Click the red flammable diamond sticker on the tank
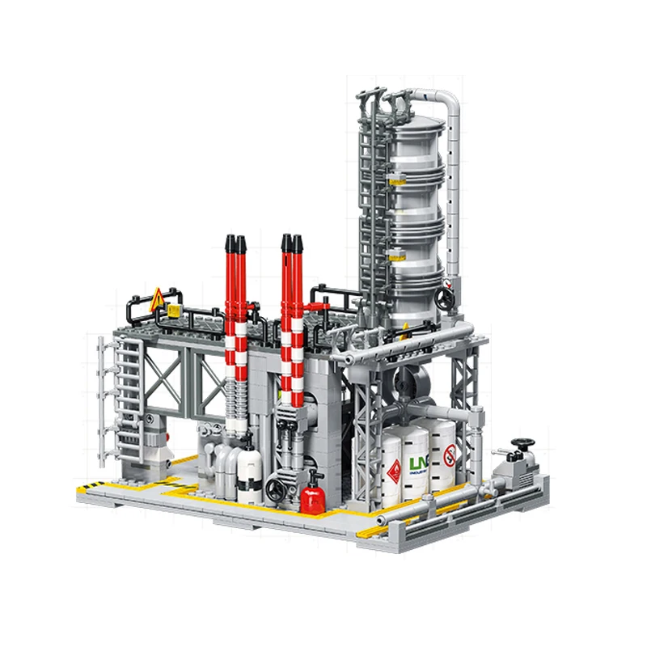[x=394, y=470]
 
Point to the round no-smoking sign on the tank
[x=450, y=455]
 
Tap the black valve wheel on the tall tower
[x=442, y=298]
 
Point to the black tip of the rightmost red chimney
[x=298, y=243]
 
